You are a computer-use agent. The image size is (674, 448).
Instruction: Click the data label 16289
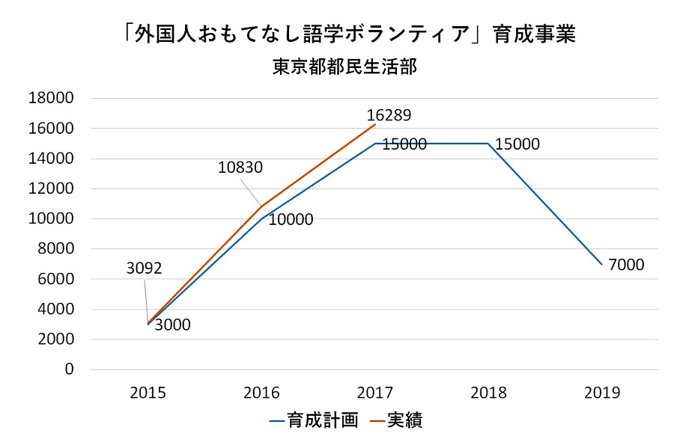(389, 116)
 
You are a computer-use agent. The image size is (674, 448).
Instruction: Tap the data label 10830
(240, 168)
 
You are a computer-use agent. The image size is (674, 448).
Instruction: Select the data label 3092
(145, 268)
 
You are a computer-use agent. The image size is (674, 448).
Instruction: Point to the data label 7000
(626, 265)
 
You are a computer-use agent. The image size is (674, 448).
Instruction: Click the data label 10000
(291, 220)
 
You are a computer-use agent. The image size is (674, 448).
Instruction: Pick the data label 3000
(173, 325)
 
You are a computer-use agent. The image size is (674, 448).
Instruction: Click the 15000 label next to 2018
(517, 144)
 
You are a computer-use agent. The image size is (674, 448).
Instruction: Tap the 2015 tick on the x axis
(148, 393)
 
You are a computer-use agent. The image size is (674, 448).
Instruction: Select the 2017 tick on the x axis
(374, 393)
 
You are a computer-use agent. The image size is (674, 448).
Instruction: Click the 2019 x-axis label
(601, 393)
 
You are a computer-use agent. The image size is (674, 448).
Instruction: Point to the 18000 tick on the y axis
(52, 98)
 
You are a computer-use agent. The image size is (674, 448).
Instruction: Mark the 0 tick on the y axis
(70, 369)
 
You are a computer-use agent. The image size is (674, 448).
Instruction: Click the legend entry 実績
(405, 420)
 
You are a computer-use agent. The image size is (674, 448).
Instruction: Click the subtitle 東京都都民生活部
(344, 67)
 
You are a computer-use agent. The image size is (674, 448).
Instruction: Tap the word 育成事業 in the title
(538, 34)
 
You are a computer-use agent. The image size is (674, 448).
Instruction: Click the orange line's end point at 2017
(374, 124)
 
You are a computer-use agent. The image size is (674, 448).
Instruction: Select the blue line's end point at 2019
(601, 264)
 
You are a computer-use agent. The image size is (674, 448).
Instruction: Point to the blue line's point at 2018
(488, 144)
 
